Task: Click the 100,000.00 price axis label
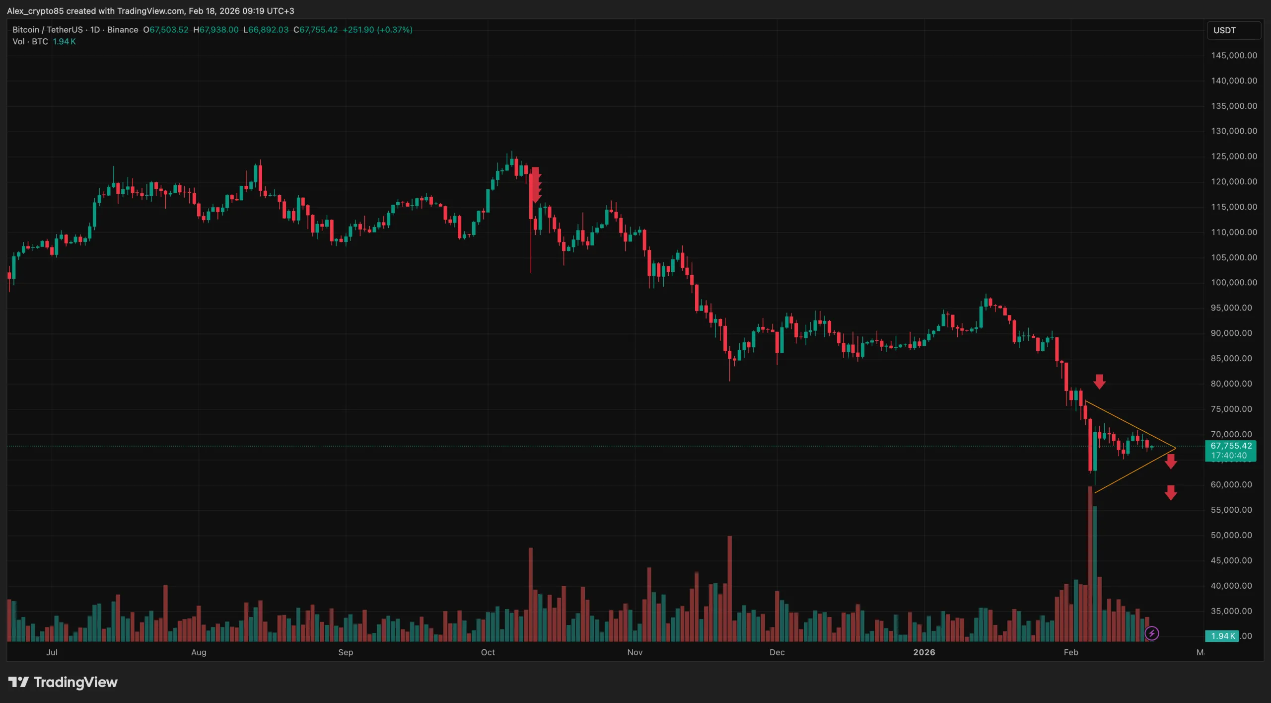[1234, 283]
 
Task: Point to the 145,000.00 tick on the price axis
[1234, 56]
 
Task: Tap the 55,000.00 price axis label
[1231, 510]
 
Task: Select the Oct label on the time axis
[488, 652]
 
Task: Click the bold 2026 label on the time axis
[924, 652]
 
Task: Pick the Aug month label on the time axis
[199, 652]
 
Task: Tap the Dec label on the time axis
[777, 652]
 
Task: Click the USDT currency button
[1233, 30]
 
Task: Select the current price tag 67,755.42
[1231, 446]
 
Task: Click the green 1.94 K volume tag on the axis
[1222, 636]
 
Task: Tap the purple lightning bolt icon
[1151, 633]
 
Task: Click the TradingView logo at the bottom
[63, 682]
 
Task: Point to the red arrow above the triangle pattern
[1099, 382]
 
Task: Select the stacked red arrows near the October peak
[535, 185]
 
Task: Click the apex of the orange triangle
[1175, 448]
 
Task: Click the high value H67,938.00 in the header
[216, 30]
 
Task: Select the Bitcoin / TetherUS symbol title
[48, 30]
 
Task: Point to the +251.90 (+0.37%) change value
[377, 30]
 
